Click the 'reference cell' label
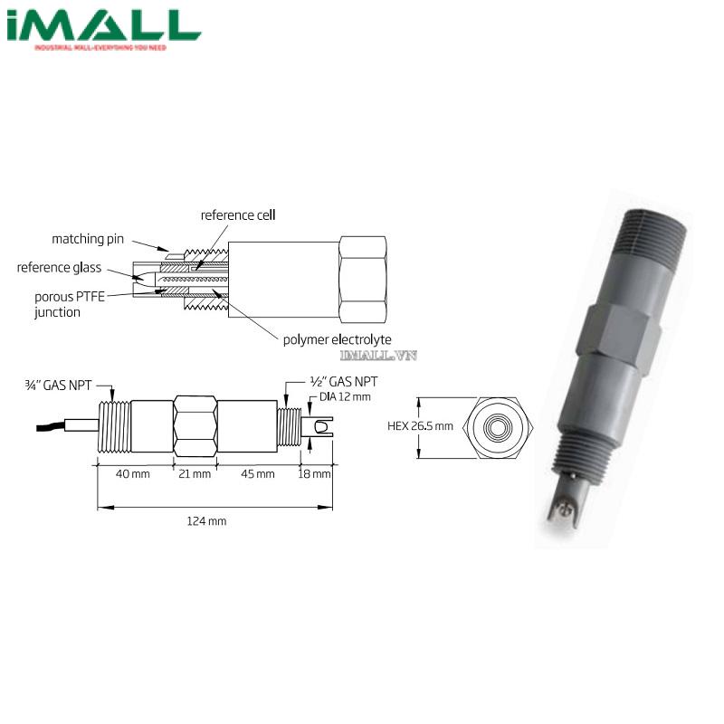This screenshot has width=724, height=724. pyautogui.click(x=238, y=215)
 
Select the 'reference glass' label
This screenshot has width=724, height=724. pyautogui.click(x=59, y=268)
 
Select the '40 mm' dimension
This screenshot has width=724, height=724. pyautogui.click(x=134, y=474)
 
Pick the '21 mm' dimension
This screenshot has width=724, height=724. pyautogui.click(x=195, y=474)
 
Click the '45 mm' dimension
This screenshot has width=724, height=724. pyautogui.click(x=259, y=474)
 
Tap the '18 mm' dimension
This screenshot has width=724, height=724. pyautogui.click(x=316, y=474)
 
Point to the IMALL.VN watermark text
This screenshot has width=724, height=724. pyautogui.click(x=378, y=356)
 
